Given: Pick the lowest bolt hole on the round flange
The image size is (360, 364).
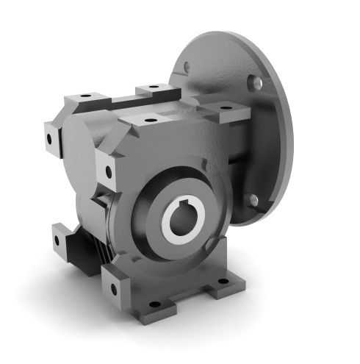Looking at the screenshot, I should point(253,199).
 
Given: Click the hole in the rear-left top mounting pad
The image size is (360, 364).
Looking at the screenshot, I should point(85,97).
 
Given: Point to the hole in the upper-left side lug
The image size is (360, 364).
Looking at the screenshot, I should point(51,138).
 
